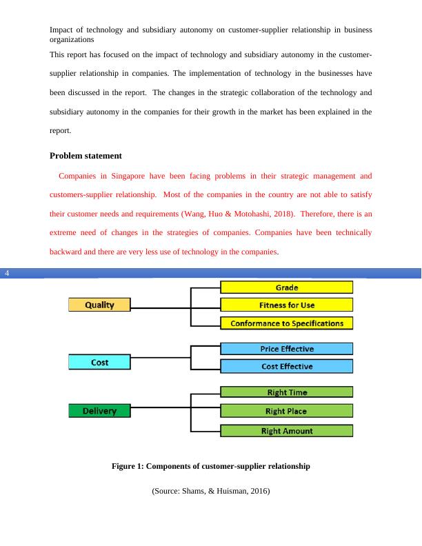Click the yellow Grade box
(286, 287)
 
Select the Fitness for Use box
(286, 305)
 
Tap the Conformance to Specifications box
(286, 323)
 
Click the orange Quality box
(99, 305)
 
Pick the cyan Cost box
(99, 362)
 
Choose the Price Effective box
(286, 349)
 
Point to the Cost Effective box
(286, 366)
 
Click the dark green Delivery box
(99, 411)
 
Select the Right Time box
(286, 392)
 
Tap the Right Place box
(286, 411)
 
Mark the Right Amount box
(286, 431)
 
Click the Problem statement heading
(86, 156)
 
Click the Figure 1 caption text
(210, 467)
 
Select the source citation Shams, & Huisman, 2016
(210, 492)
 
